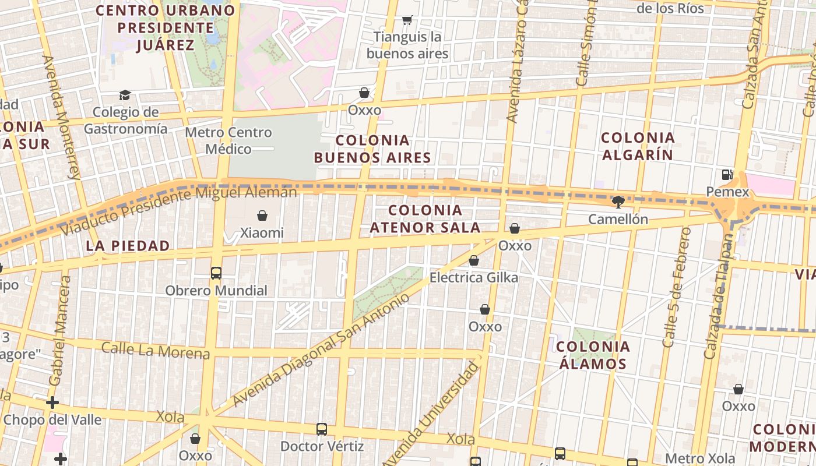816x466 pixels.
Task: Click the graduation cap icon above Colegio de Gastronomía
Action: pos(125,95)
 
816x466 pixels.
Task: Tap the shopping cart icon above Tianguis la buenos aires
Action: pos(407,20)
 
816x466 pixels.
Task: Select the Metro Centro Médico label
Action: pos(228,141)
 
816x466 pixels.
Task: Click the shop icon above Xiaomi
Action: pos(262,216)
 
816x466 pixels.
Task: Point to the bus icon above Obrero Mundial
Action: pos(216,273)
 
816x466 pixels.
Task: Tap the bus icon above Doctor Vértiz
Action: pos(322,429)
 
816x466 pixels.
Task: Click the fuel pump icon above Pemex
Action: pos(727,174)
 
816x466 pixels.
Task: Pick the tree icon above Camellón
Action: pos(618,202)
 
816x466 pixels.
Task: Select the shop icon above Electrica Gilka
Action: pos(474,260)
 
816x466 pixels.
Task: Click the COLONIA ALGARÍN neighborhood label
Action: pos(638,146)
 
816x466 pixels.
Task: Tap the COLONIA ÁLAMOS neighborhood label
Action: pos(593,355)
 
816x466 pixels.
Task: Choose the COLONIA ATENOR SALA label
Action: pos(425,218)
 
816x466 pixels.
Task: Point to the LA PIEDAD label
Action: pos(128,246)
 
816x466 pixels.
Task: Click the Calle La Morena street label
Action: pos(156,351)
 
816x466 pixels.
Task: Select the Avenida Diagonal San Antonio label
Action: pos(321,351)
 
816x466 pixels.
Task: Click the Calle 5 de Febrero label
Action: pos(677,287)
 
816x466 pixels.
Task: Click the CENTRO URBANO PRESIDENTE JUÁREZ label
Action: pos(166,27)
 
